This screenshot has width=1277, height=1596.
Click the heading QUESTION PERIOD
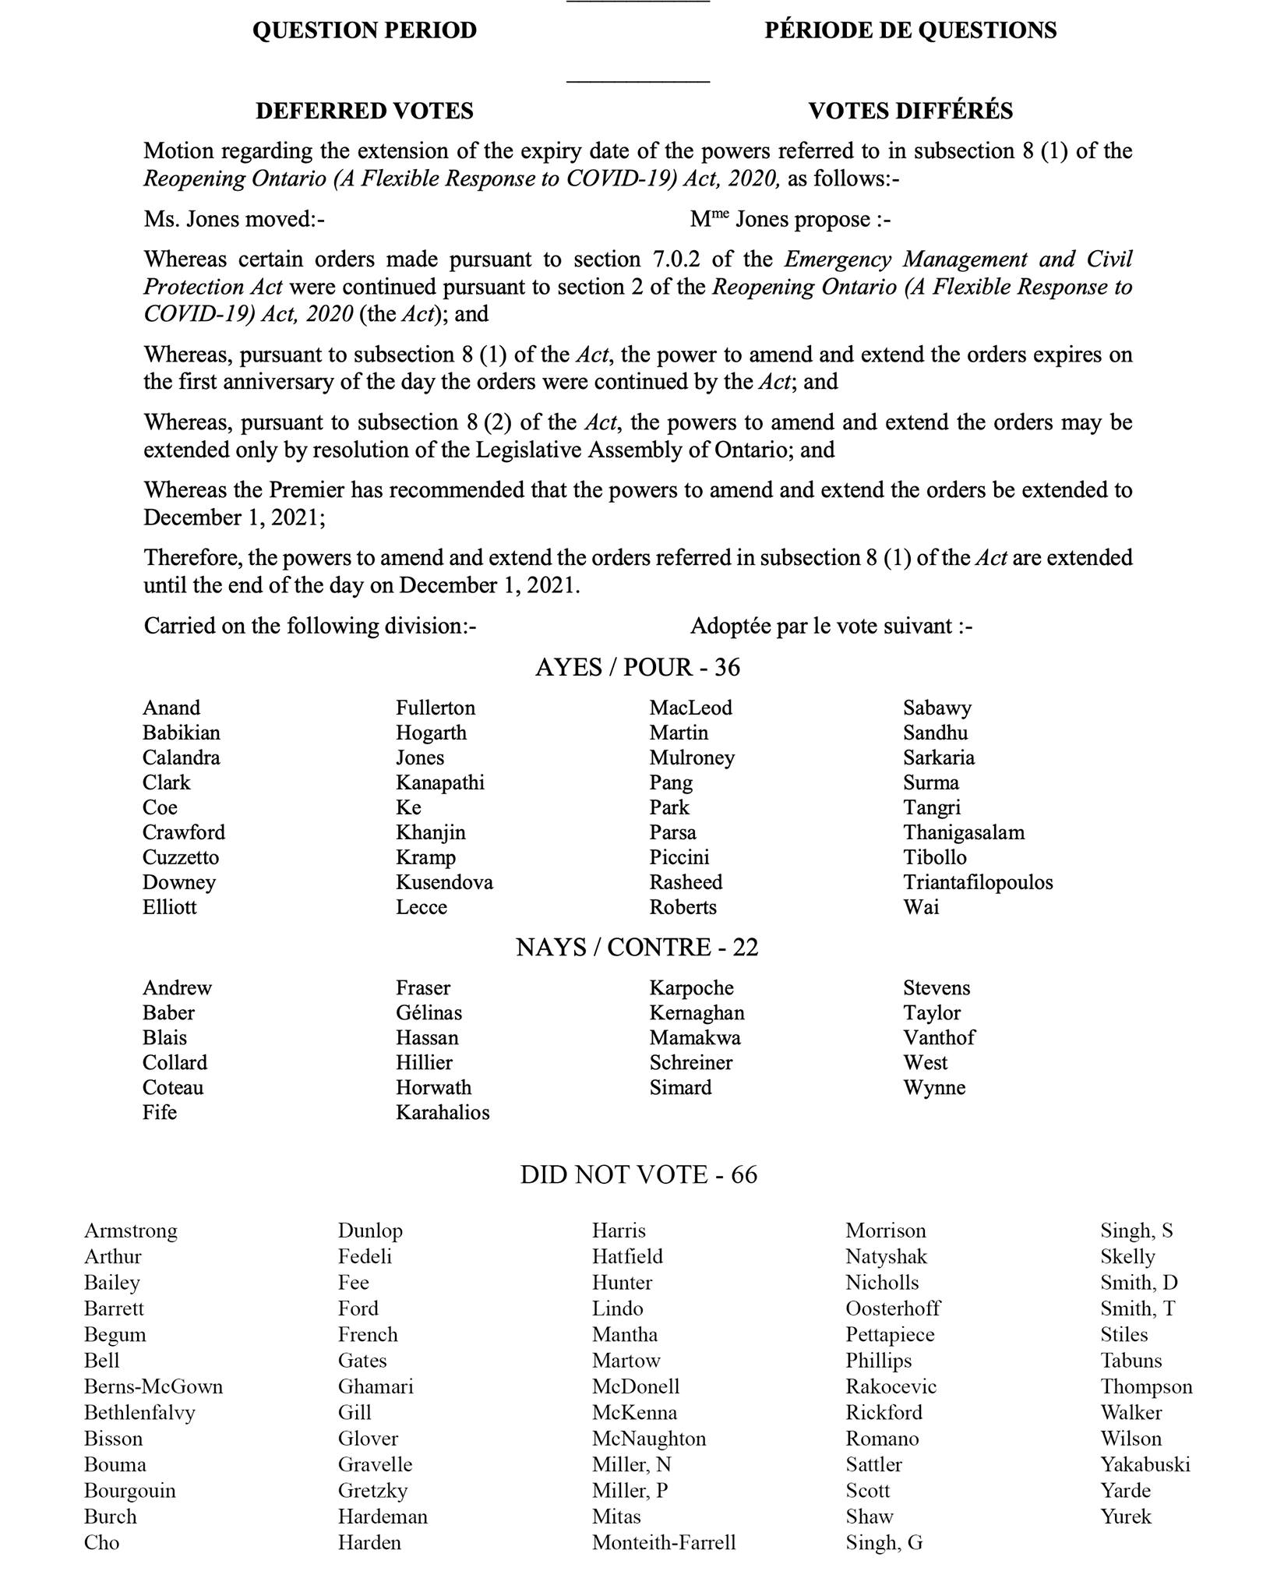click(x=364, y=30)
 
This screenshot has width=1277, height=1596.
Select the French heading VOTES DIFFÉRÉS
click(x=910, y=111)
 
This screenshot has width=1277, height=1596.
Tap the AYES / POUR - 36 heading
click(x=637, y=667)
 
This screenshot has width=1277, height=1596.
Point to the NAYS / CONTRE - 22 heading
click(x=637, y=947)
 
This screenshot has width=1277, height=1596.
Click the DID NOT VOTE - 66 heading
click(x=638, y=1174)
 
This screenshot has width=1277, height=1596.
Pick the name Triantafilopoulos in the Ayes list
click(x=978, y=882)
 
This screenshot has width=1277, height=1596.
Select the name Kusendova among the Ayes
click(x=444, y=882)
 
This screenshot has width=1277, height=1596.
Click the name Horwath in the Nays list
click(x=433, y=1087)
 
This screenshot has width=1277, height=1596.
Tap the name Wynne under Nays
click(x=934, y=1087)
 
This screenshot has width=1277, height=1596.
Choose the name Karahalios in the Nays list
click(x=443, y=1112)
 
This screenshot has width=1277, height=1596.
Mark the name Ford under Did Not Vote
click(x=358, y=1308)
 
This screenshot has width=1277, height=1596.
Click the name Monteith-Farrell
click(x=664, y=1542)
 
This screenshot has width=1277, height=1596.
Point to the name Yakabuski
click(x=1145, y=1464)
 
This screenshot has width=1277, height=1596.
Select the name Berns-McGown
click(x=153, y=1386)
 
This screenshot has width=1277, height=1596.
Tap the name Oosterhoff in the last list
click(x=893, y=1308)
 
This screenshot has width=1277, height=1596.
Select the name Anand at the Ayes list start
click(x=171, y=708)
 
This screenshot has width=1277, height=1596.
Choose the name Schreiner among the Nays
click(x=691, y=1062)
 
